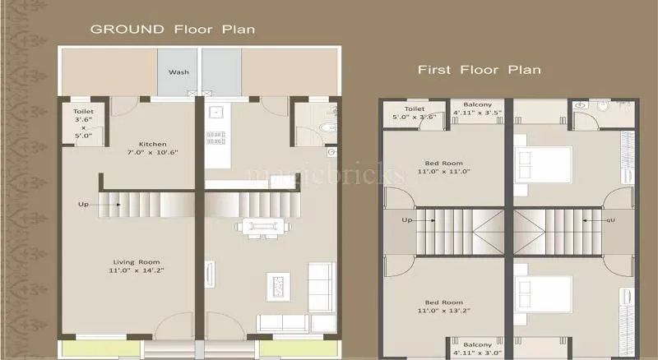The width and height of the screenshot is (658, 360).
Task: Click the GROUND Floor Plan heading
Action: click(x=171, y=29)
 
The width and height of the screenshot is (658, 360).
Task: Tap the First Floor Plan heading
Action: click(x=479, y=70)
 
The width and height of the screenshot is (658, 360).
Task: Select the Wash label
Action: click(x=178, y=72)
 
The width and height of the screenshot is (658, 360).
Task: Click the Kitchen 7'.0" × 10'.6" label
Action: click(x=152, y=147)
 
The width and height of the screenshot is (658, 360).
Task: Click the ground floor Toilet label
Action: click(x=83, y=123)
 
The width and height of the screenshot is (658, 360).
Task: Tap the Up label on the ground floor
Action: click(x=83, y=204)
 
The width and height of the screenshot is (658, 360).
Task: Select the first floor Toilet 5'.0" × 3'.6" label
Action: click(x=415, y=113)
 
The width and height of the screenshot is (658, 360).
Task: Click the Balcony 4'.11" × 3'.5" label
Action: click(x=477, y=109)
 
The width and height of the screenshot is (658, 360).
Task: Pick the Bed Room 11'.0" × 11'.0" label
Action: click(x=443, y=166)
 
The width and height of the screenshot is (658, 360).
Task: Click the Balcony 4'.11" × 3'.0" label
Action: click(x=477, y=348)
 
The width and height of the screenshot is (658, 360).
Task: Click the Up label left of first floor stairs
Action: click(x=406, y=220)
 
